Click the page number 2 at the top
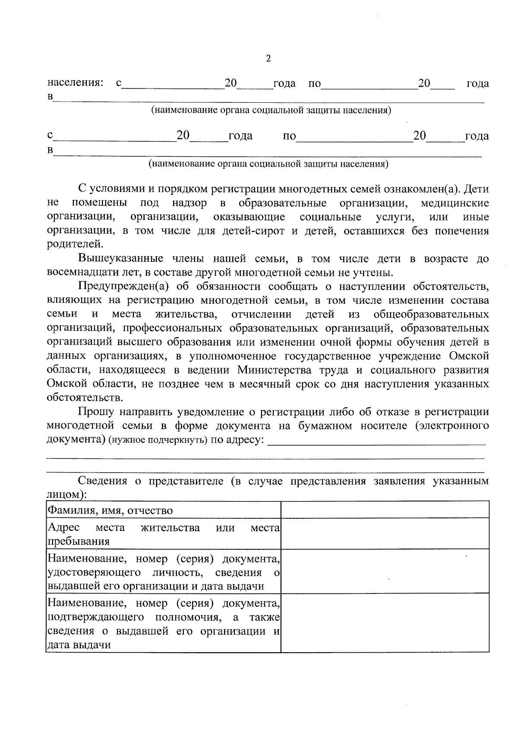tap(268, 58)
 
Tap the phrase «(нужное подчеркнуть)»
tap(158, 440)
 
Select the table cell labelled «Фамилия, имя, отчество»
tap(110, 511)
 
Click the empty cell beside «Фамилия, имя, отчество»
tap(385, 510)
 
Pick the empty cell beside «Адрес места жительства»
tap(385, 533)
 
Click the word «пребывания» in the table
tap(78, 541)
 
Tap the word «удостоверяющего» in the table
tap(94, 573)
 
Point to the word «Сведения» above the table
tap(102, 481)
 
